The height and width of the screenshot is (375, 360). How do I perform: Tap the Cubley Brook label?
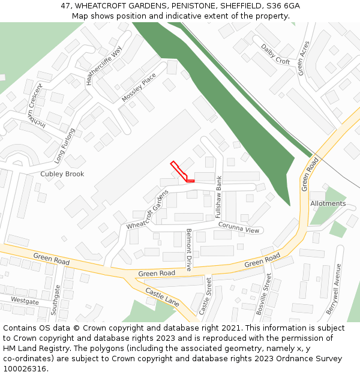62,174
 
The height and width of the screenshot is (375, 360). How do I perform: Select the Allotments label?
328,203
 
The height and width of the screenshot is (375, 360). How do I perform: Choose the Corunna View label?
239,228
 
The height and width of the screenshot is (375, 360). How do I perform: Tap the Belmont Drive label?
188,250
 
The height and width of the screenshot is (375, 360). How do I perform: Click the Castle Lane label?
163,296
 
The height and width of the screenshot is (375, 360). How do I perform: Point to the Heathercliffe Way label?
104,65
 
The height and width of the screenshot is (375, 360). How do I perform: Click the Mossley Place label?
139,88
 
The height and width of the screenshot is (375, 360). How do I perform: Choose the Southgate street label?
56,300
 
